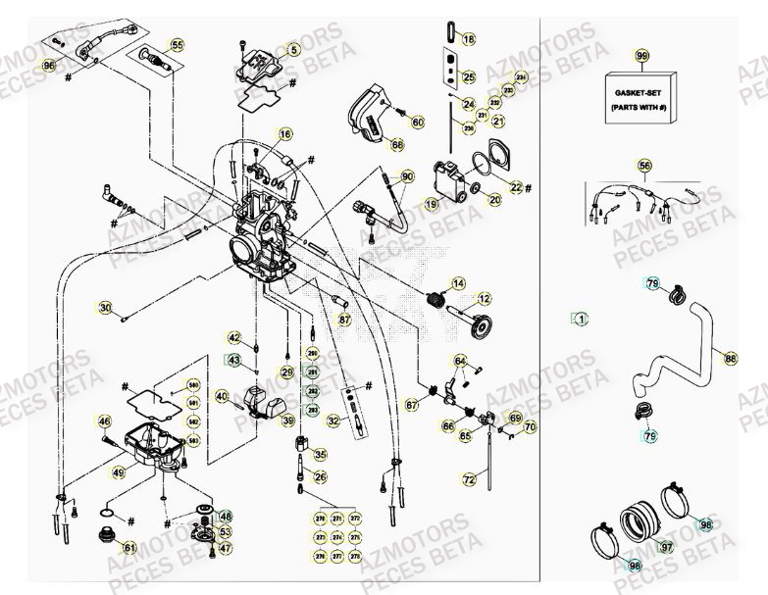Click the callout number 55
(177, 45)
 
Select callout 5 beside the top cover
(292, 48)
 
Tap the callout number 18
(469, 39)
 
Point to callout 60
(418, 123)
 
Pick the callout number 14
(458, 283)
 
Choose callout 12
(485, 298)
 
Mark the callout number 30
(105, 307)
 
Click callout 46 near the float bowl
(104, 422)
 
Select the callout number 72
(469, 479)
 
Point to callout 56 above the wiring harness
(644, 166)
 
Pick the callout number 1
(581, 319)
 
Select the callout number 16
(284, 134)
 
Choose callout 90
(408, 176)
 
